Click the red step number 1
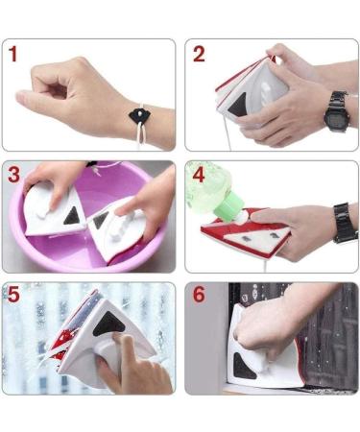[x=14, y=55]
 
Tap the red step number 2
[x=199, y=54]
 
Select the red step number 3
[x=15, y=176]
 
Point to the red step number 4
[x=199, y=177]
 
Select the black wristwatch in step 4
[x=344, y=223]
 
